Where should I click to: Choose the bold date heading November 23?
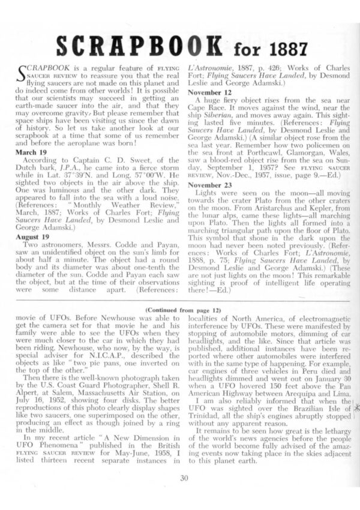point(213,185)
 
